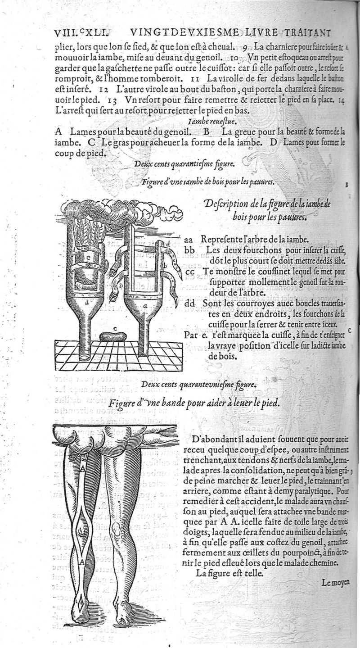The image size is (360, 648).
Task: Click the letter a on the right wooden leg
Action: point(144,306)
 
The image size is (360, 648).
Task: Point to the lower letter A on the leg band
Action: point(82,562)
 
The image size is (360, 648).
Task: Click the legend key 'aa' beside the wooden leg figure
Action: point(189,239)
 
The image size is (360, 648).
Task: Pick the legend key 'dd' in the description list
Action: point(190,304)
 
